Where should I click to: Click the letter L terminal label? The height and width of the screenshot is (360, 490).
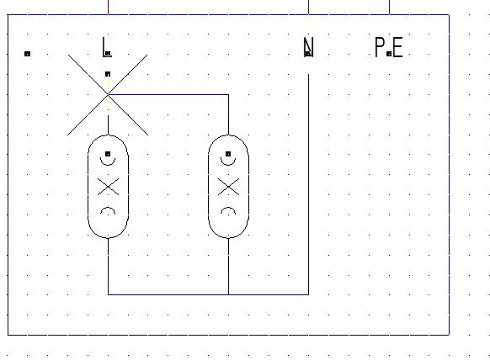(x=106, y=47)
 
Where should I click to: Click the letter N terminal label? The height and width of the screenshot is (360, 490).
(x=308, y=47)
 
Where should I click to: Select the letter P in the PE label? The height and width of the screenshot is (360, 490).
(x=380, y=47)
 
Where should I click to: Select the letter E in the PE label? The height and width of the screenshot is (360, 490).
(x=397, y=47)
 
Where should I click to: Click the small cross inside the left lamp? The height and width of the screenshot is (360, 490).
(x=108, y=187)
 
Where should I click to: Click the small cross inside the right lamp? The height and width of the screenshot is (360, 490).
(x=228, y=187)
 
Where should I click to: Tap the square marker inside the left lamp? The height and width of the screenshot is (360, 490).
(x=108, y=154)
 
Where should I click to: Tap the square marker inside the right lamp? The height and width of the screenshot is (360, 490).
(x=228, y=154)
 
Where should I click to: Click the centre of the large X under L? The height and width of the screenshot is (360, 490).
(x=108, y=94)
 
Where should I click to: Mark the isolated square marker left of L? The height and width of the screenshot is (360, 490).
(x=27, y=54)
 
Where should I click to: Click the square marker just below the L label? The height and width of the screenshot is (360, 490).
(x=108, y=74)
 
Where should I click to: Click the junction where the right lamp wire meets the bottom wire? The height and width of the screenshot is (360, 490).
(x=228, y=294)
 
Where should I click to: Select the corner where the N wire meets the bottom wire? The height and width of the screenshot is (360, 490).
(x=308, y=294)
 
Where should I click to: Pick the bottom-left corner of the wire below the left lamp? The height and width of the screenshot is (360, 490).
(x=108, y=294)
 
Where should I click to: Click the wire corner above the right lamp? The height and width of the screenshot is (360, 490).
(x=228, y=94)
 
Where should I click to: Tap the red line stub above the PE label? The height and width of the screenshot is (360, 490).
(x=389, y=8)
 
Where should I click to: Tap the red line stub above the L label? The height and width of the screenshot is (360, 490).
(x=108, y=8)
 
